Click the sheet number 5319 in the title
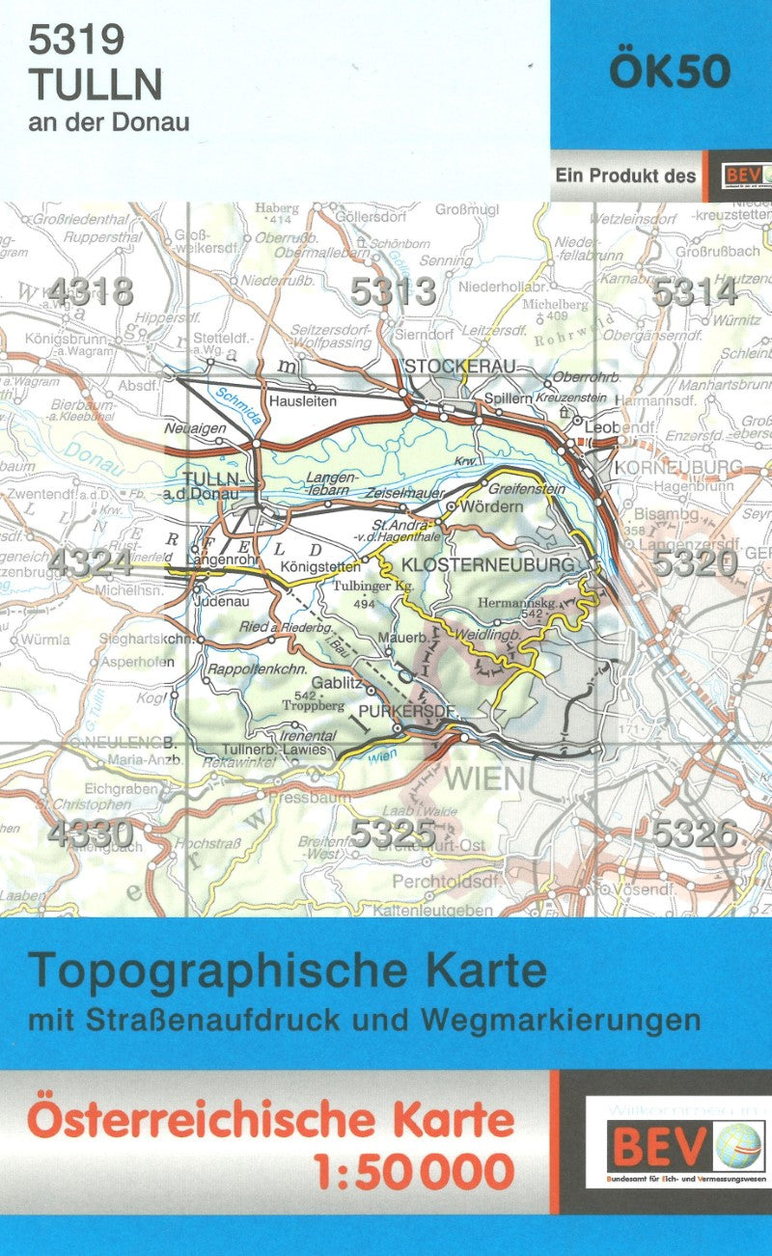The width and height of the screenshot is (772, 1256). click(x=77, y=41)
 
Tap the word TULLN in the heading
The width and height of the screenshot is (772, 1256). click(x=95, y=85)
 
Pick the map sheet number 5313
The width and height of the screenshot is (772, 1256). click(x=394, y=291)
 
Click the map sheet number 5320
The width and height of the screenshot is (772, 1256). click(x=695, y=562)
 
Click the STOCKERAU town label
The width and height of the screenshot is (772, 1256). click(x=461, y=366)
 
